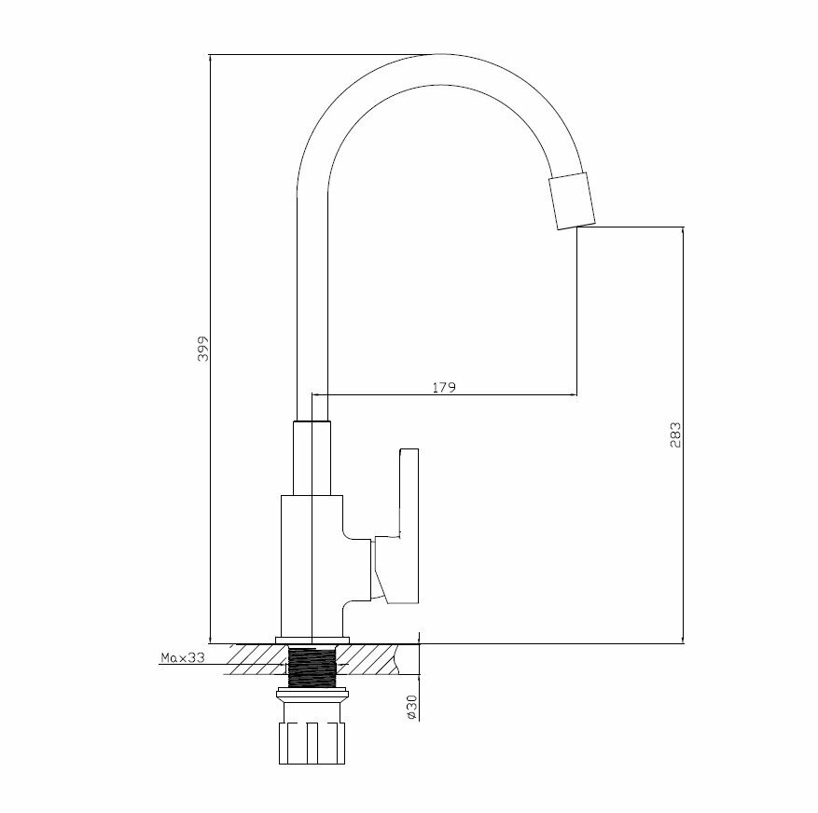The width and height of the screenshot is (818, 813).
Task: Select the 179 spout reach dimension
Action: (444, 387)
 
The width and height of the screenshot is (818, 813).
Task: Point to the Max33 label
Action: (182, 658)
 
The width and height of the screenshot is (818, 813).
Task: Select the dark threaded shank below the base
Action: (312, 667)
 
